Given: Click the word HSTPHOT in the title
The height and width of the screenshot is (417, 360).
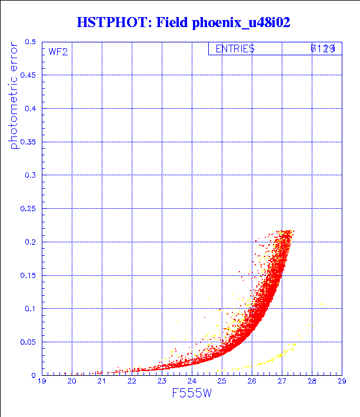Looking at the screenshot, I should pyautogui.click(x=111, y=23).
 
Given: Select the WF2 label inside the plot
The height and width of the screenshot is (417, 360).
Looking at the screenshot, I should pyautogui.click(x=58, y=52).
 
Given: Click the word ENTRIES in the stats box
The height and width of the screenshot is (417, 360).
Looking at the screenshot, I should pyautogui.click(x=235, y=49).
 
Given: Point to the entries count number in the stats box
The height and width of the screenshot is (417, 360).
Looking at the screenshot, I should pyautogui.click(x=323, y=49).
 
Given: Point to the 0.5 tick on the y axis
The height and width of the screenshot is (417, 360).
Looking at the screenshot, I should pyautogui.click(x=31, y=42).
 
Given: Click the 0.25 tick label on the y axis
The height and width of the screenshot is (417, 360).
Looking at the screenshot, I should pyautogui.click(x=28, y=209).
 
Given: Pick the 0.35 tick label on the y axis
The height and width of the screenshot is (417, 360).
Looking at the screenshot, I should pyautogui.click(x=28, y=142).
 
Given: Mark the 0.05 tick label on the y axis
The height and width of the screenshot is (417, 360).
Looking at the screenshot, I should pyautogui.click(x=28, y=342).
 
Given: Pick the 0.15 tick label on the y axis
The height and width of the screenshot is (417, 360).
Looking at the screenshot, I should pyautogui.click(x=28, y=275).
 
